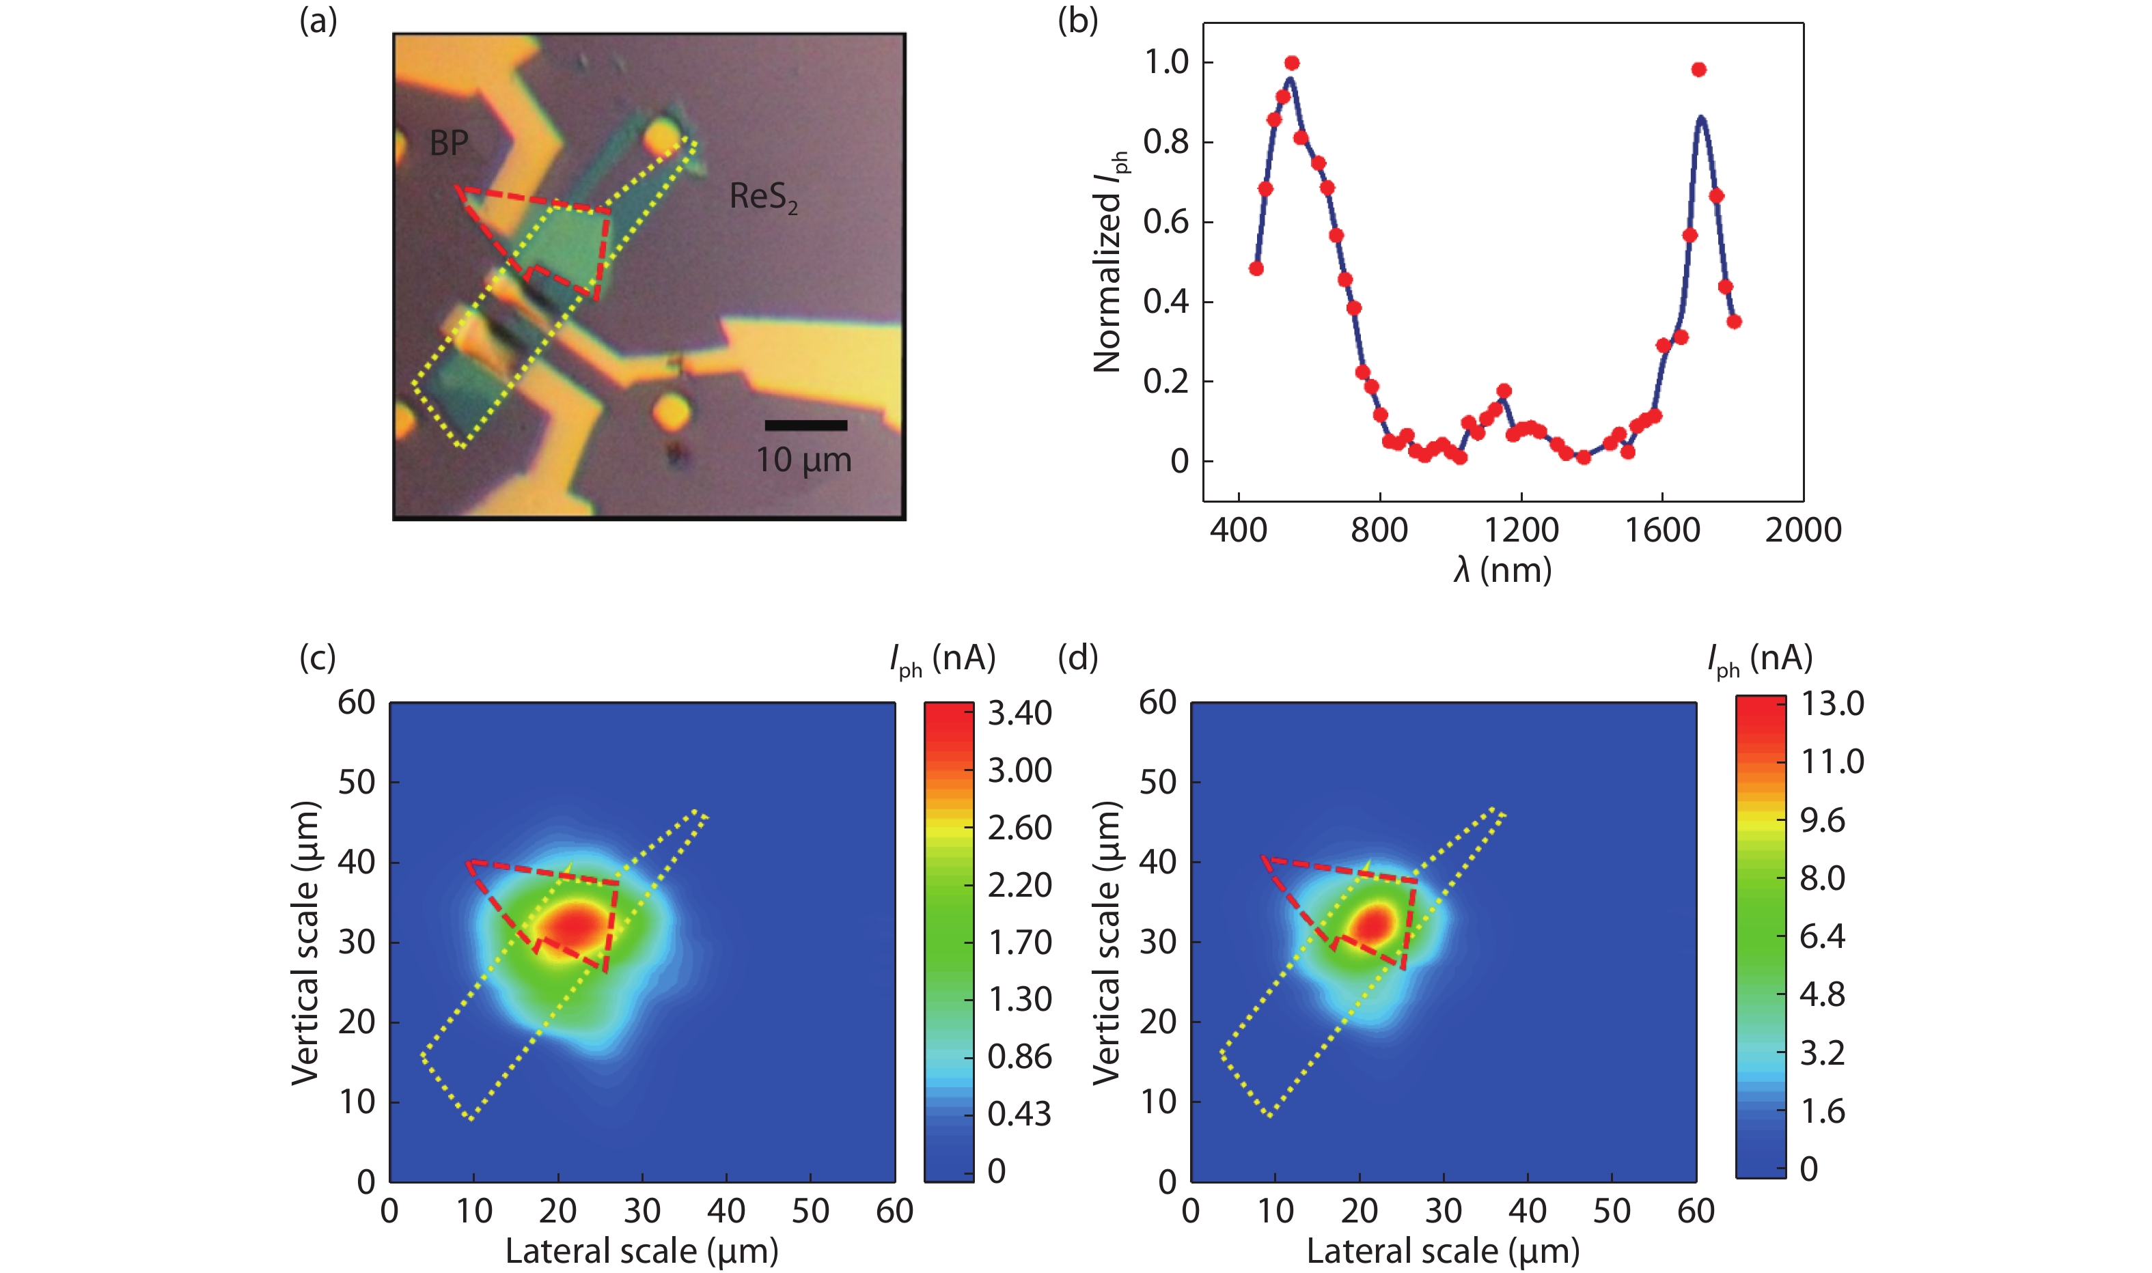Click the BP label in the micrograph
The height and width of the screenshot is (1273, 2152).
click(449, 143)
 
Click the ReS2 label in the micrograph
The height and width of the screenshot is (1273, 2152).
click(763, 197)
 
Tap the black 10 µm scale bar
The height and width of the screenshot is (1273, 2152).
click(805, 425)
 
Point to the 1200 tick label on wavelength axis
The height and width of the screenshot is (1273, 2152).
click(1521, 530)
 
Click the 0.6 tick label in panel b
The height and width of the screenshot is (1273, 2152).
click(1166, 222)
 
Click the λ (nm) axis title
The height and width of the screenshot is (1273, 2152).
click(1502, 570)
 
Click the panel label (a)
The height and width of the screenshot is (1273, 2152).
click(318, 21)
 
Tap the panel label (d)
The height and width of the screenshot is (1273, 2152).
click(1078, 658)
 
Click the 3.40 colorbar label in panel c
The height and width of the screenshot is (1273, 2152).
click(1019, 714)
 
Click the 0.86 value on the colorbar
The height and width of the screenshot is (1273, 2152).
click(1019, 1057)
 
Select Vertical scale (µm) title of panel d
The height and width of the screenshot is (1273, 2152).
click(1107, 942)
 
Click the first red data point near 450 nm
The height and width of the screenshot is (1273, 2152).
click(1256, 268)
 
